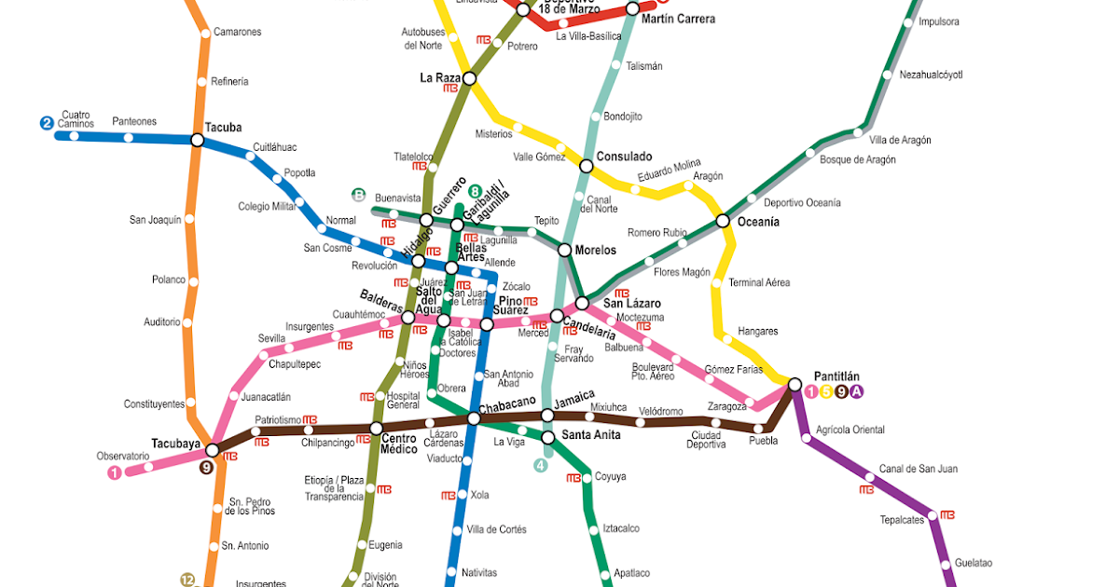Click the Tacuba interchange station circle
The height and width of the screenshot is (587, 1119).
click(x=197, y=140)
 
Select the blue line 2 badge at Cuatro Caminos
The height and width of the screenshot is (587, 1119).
click(x=46, y=122)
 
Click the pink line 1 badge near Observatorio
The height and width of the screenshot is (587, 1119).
click(x=115, y=472)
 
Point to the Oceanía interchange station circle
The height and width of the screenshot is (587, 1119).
click(x=723, y=221)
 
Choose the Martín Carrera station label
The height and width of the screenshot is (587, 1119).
click(x=679, y=19)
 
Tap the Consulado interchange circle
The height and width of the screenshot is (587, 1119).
click(x=586, y=166)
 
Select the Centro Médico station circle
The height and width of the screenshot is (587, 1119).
click(x=376, y=429)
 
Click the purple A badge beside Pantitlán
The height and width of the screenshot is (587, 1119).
click(x=857, y=392)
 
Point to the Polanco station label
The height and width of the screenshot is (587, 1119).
click(x=168, y=280)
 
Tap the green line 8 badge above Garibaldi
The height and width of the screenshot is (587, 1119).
click(x=476, y=191)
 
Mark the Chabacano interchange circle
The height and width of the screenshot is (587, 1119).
click(x=473, y=419)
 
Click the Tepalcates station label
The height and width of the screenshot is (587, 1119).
click(x=902, y=520)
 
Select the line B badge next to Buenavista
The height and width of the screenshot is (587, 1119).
click(x=358, y=195)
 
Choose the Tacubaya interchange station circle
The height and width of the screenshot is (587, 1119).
click(x=212, y=450)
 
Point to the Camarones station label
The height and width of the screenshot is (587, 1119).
click(x=237, y=32)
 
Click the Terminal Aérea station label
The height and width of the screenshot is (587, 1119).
click(x=759, y=282)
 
